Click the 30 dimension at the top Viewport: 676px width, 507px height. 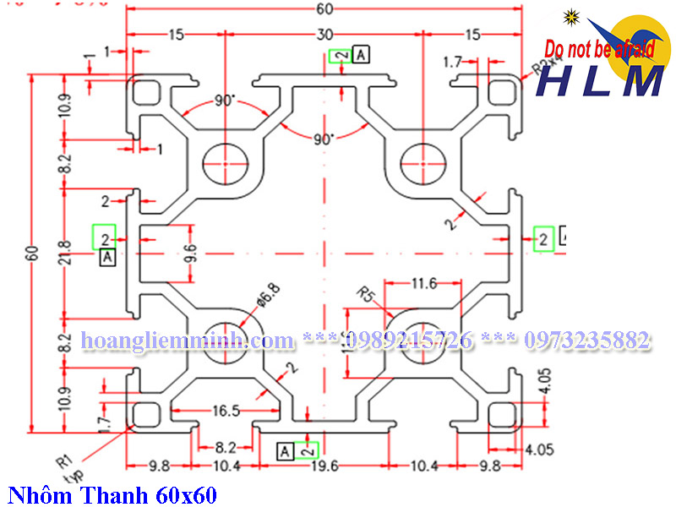click(324, 35)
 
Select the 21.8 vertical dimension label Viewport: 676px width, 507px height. click(66, 251)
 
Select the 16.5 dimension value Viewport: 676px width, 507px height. click(226, 412)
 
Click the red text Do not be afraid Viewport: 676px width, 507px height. click(600, 50)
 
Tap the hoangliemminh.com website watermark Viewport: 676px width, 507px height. click(187, 341)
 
